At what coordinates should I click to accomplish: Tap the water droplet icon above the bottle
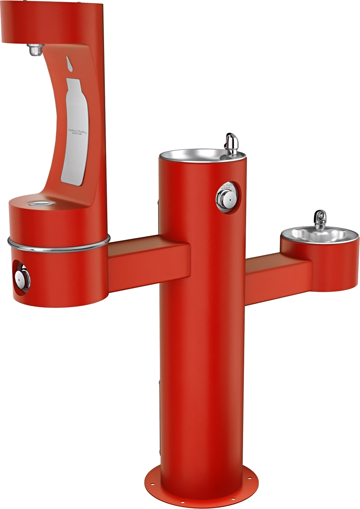click(x=70, y=62)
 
